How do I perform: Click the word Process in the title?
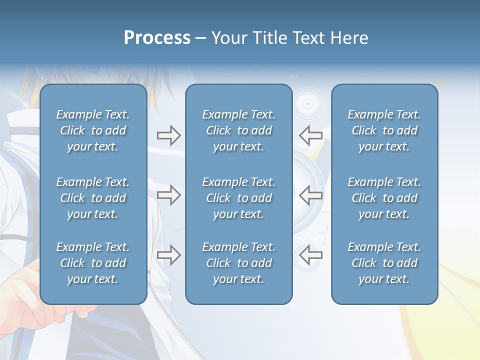point(157,38)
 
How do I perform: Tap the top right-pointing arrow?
point(168,135)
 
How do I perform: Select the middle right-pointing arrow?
point(168,195)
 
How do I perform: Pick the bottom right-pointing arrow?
point(168,255)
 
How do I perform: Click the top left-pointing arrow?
point(310,135)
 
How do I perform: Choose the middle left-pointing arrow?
point(310,195)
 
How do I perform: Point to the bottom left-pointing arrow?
point(310,255)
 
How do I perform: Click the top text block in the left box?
point(93,130)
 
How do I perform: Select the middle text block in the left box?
point(93,198)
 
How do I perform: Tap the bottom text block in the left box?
point(93,263)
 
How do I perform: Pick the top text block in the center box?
point(238,130)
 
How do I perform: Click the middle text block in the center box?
point(238,198)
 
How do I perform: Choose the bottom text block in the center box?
point(238,263)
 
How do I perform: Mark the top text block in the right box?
point(384,130)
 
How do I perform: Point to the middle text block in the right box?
point(384,198)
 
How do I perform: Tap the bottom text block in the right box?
point(384,263)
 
